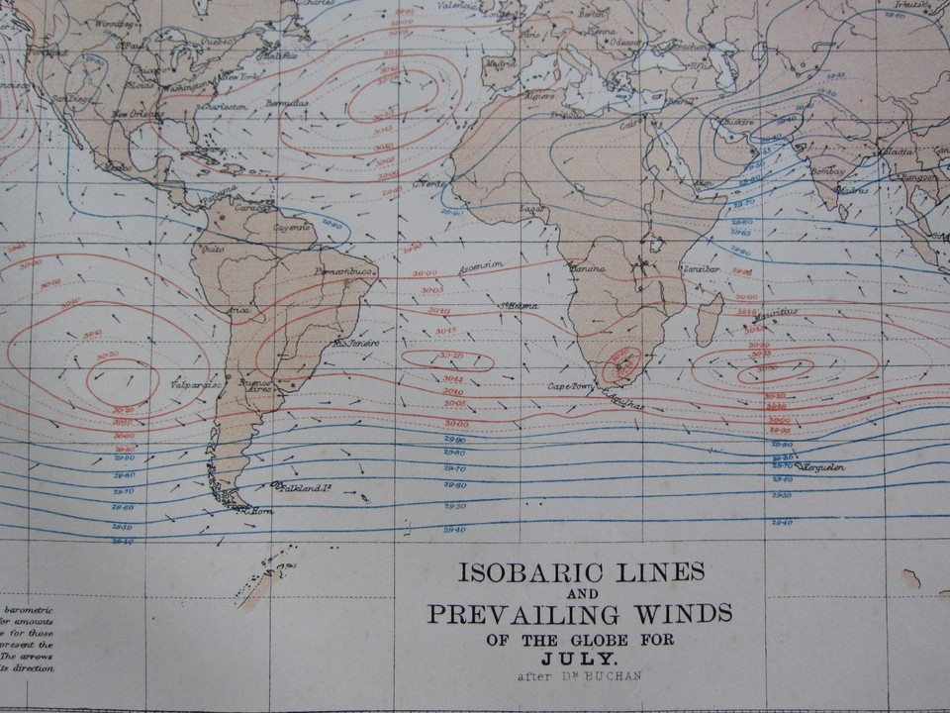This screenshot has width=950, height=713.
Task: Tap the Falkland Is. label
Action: (x=301, y=487)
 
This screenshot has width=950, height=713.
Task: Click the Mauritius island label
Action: (x=778, y=313)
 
